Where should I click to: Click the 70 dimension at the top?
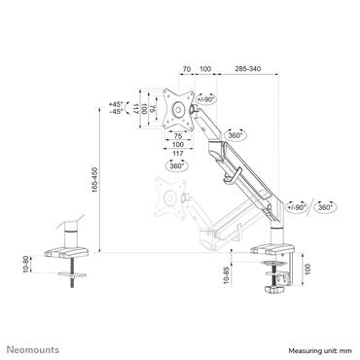186,70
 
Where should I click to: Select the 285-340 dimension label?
245,70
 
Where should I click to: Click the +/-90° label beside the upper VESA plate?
206,100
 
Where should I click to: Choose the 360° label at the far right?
325,207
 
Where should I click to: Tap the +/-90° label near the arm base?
296,207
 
